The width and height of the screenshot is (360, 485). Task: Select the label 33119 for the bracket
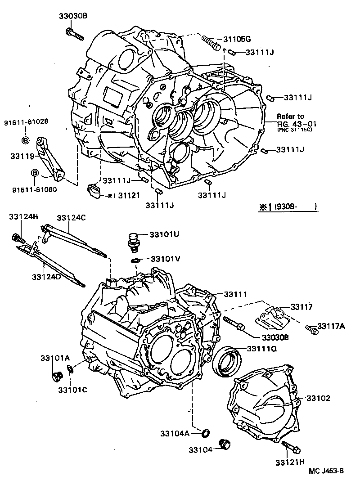[22, 156]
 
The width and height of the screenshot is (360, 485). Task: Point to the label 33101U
[164, 234]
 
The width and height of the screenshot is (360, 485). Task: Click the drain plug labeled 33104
[223, 445]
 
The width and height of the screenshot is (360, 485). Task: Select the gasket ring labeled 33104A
[205, 433]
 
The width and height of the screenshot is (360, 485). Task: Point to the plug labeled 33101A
[57, 375]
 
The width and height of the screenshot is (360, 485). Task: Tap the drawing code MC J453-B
[326, 471]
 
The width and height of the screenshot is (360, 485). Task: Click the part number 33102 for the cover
[319, 398]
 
